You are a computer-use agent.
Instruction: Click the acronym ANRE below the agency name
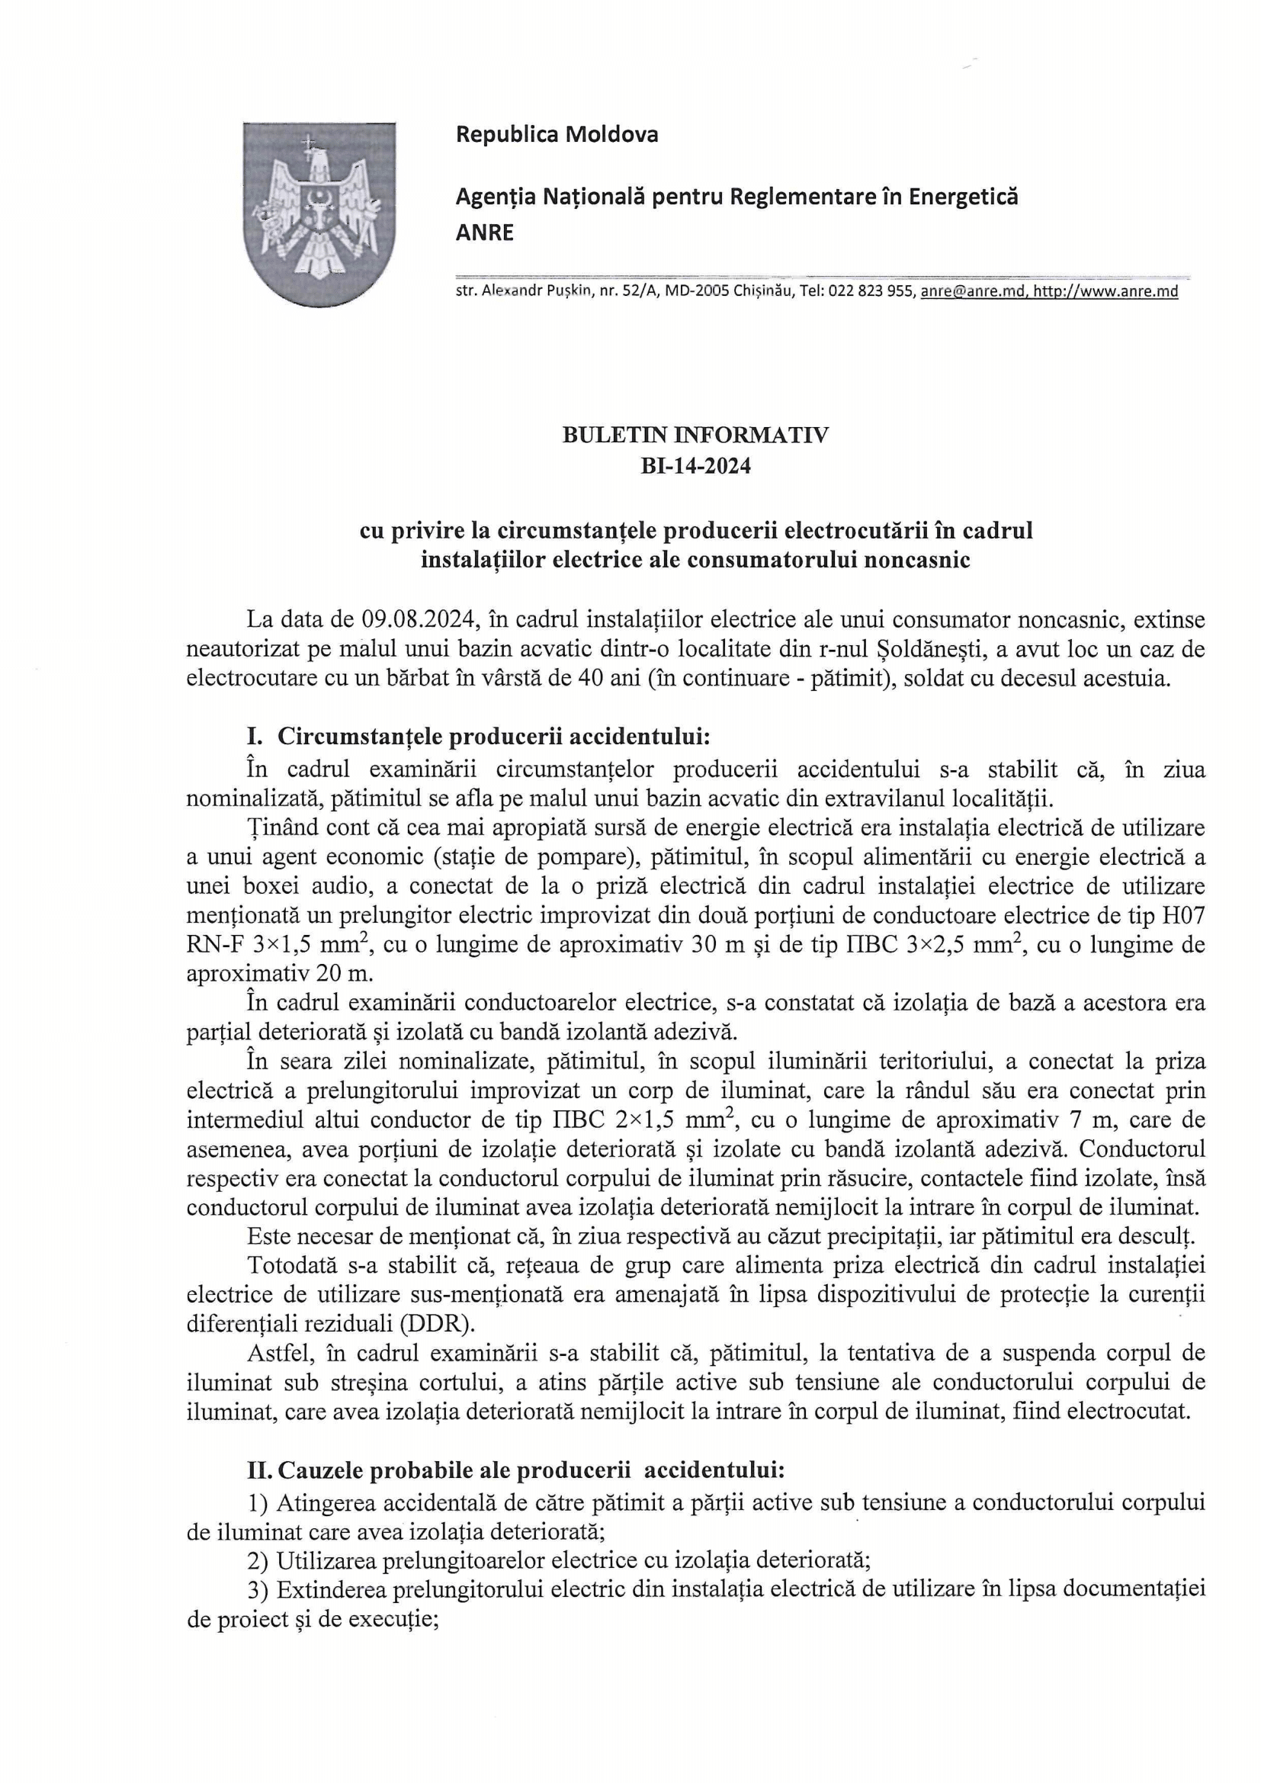click(x=485, y=233)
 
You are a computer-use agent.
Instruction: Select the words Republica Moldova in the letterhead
click(x=557, y=134)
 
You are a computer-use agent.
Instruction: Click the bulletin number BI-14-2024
click(x=695, y=467)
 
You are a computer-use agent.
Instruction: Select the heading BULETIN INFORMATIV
click(x=695, y=435)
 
